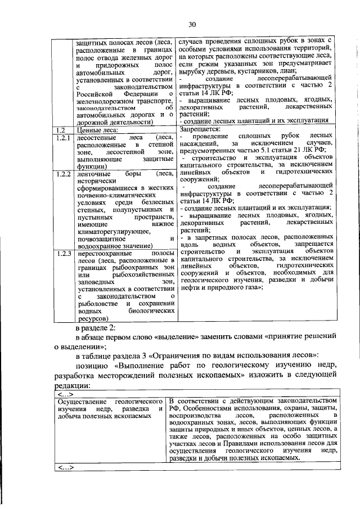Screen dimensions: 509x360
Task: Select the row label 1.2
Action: click(62, 130)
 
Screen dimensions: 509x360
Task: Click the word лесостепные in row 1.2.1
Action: click(98, 138)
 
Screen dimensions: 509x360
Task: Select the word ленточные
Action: click(94, 174)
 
